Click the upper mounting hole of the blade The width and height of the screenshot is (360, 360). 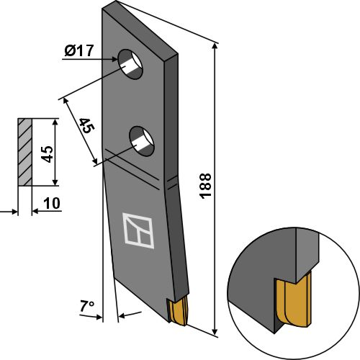pos(131,64)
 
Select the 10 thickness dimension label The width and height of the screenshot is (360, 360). pos(50,204)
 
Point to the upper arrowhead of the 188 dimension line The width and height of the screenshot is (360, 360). pos(215,45)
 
